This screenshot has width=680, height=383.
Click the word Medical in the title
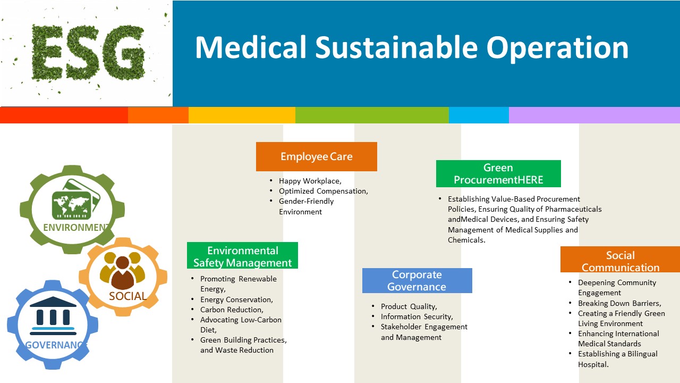coord(251,47)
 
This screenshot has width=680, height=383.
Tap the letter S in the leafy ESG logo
coord(82,52)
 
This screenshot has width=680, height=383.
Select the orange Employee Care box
coord(317,156)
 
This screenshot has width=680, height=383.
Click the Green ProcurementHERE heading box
coord(498,173)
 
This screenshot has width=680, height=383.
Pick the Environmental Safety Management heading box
coord(243,255)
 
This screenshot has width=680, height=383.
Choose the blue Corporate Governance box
coord(417,280)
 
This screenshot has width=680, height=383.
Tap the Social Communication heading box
coord(620,259)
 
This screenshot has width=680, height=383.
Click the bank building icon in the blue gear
coord(53,316)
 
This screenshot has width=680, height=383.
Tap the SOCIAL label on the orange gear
coord(127,296)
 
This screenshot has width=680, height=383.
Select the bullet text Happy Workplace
coord(310,181)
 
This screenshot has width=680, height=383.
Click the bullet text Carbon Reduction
coord(232,310)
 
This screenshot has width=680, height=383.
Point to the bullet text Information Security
coord(417,317)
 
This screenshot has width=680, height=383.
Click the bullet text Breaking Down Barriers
coord(619,303)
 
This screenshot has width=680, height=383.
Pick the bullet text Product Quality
coord(409,306)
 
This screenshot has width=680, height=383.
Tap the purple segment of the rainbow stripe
coord(594,115)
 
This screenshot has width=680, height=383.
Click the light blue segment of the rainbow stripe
coord(479,115)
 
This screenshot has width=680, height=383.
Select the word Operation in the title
coord(557,48)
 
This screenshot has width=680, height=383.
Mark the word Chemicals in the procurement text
coord(466,240)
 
